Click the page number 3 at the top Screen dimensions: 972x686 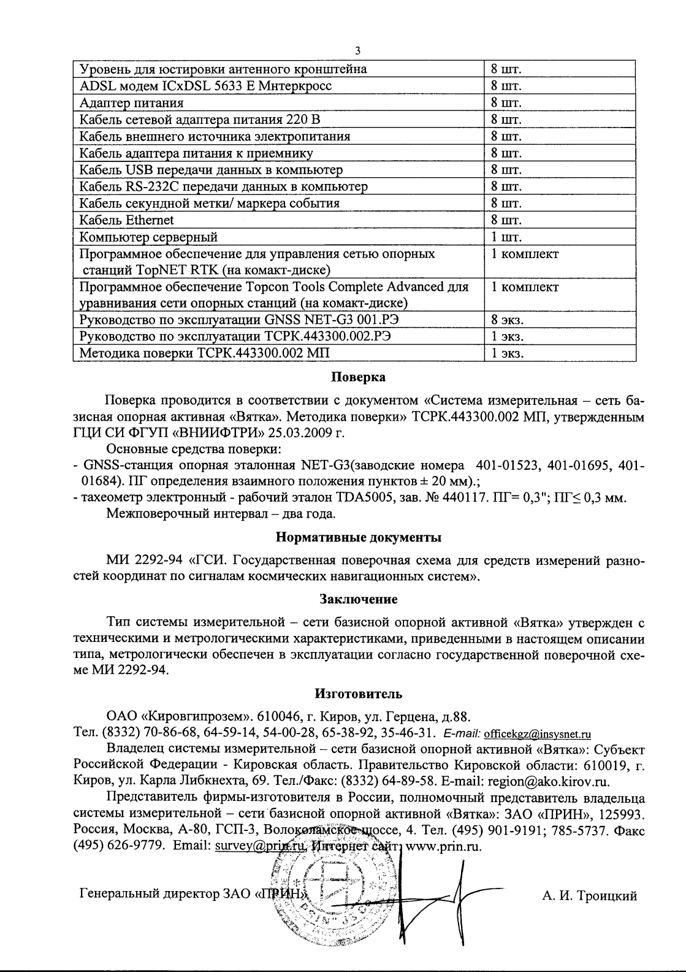tap(358, 52)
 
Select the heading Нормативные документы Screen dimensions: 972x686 tap(359, 538)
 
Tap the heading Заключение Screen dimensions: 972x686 tap(359, 599)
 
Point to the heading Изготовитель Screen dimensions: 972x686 tap(359, 694)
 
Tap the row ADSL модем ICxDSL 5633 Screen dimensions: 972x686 tap(206, 86)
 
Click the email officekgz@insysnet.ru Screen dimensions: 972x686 tap(537, 733)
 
